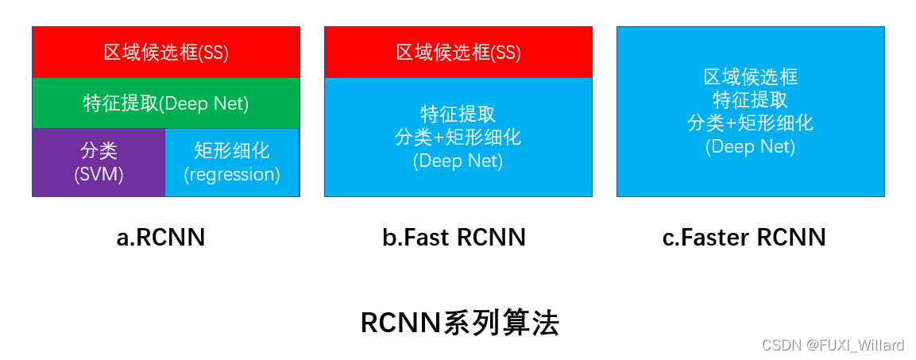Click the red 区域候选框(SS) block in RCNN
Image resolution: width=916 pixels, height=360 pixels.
click(165, 52)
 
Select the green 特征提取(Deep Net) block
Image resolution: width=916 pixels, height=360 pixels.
click(165, 103)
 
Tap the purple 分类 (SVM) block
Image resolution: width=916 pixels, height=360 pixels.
click(99, 162)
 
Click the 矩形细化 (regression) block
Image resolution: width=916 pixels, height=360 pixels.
click(232, 162)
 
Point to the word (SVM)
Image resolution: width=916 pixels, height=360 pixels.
click(99, 175)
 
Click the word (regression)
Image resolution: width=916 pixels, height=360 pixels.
click(232, 175)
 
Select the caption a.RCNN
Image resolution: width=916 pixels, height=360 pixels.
click(160, 237)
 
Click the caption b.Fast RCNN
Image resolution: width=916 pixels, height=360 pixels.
click(454, 237)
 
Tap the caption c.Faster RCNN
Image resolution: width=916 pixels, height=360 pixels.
click(744, 237)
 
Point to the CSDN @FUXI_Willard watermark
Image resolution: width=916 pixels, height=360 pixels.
click(833, 345)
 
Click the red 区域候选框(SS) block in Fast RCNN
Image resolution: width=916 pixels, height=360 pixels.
click(458, 52)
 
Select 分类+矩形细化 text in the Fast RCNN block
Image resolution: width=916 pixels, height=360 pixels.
click(458, 137)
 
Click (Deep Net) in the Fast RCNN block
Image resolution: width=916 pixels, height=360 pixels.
click(458, 161)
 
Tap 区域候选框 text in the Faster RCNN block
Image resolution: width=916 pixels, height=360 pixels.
click(751, 77)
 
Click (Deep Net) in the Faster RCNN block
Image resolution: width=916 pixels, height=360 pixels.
click(751, 146)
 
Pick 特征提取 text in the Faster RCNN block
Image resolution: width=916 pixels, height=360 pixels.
click(751, 100)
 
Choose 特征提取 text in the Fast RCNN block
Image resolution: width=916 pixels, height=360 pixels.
click(458, 114)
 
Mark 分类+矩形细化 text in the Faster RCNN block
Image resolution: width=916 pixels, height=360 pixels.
click(751, 123)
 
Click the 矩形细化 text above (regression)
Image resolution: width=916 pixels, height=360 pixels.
click(232, 150)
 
